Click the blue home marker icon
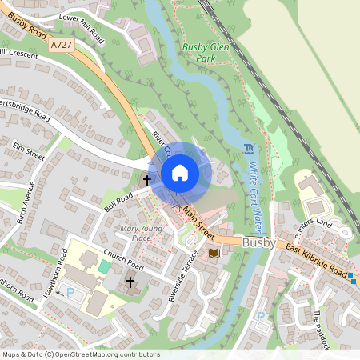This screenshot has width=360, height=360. click(x=180, y=173)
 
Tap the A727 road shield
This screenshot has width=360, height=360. click(x=60, y=46)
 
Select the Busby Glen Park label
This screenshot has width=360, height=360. click(x=200, y=53)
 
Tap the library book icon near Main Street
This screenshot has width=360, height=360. click(x=214, y=254)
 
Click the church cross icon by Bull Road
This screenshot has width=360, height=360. click(x=147, y=180)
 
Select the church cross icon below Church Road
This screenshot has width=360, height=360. click(x=130, y=282)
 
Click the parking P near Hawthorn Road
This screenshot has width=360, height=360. click(x=70, y=293)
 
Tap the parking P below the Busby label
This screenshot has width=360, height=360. click(x=260, y=317)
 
